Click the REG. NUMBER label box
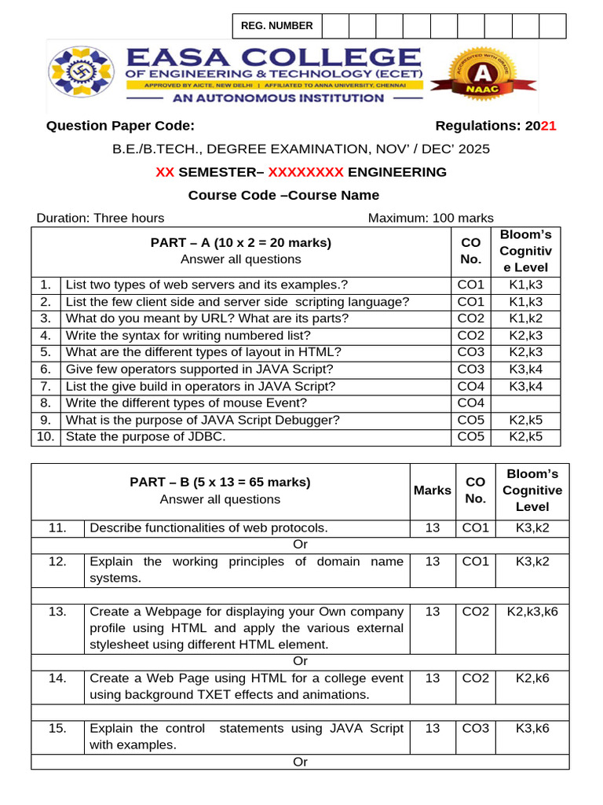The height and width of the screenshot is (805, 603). (276, 26)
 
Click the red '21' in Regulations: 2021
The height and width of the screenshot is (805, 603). (549, 126)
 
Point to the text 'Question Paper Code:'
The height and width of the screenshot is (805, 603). (120, 126)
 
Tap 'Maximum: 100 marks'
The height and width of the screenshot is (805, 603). (431, 218)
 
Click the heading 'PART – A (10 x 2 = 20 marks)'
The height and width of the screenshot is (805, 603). (240, 243)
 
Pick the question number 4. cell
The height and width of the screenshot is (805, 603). (46, 336)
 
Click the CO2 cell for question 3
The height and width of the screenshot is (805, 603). (471, 318)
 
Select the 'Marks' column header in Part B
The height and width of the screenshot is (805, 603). (433, 491)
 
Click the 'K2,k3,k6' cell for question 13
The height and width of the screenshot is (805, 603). (532, 612)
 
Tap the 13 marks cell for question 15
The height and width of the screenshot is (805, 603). (433, 729)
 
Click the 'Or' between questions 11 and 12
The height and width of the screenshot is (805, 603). (301, 545)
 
